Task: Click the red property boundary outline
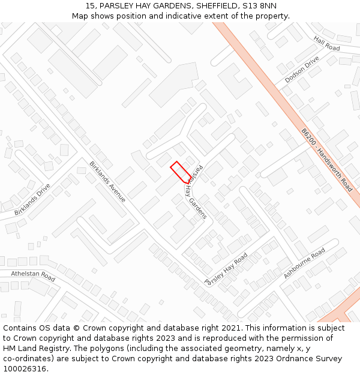click(x=181, y=172)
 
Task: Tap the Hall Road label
click(x=326, y=43)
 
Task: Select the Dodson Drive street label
click(x=302, y=70)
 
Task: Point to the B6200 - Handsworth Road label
click(x=327, y=159)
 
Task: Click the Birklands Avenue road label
click(x=107, y=181)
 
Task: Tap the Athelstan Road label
click(x=33, y=276)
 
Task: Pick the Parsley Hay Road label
click(x=226, y=269)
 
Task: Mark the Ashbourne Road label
click(x=304, y=263)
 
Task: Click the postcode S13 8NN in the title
click(x=259, y=6)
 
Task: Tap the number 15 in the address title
click(x=90, y=6)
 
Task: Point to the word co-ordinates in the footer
click(x=29, y=359)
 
